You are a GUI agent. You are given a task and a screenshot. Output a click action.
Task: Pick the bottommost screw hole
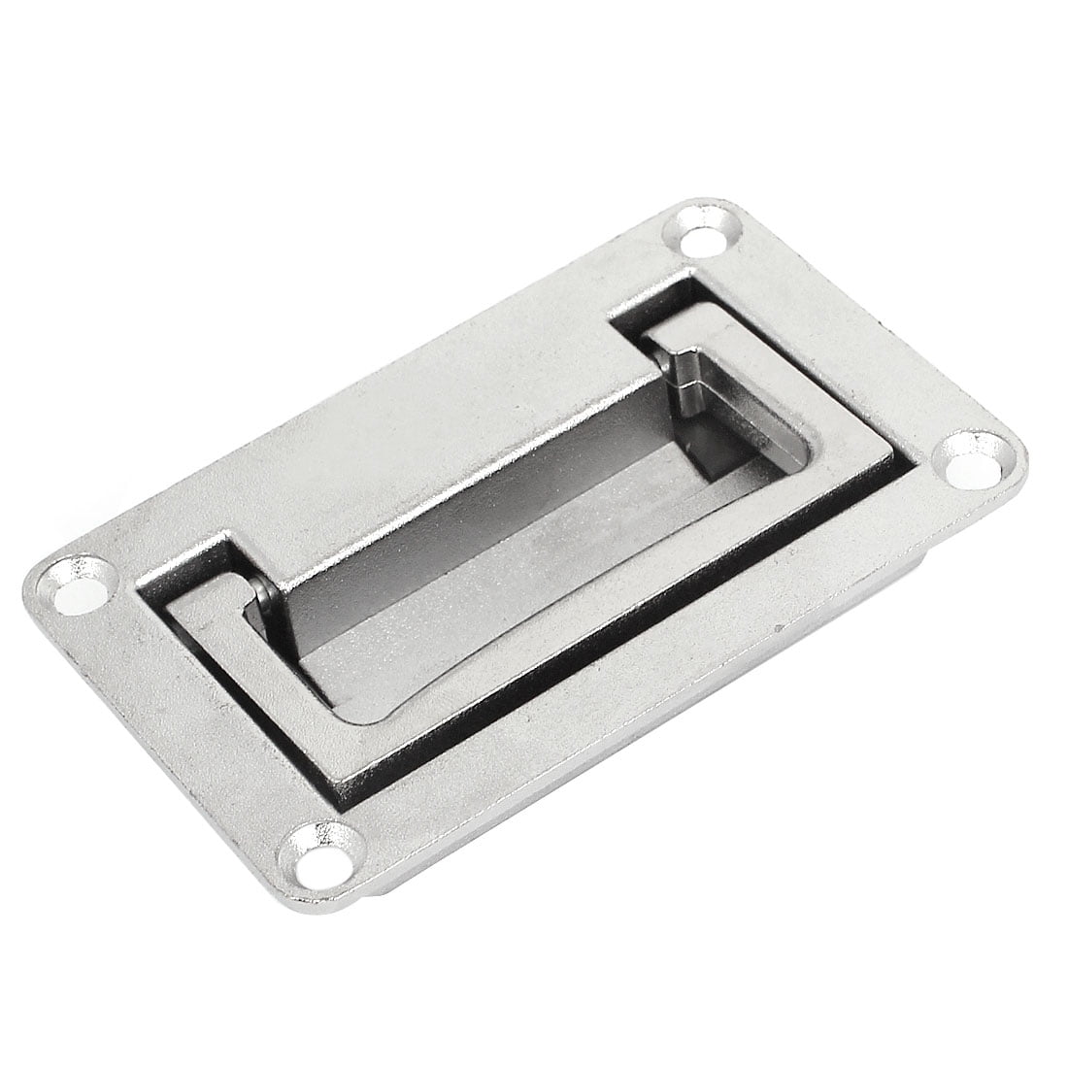[317, 854]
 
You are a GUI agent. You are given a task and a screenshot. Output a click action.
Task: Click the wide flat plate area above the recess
[437, 437]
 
